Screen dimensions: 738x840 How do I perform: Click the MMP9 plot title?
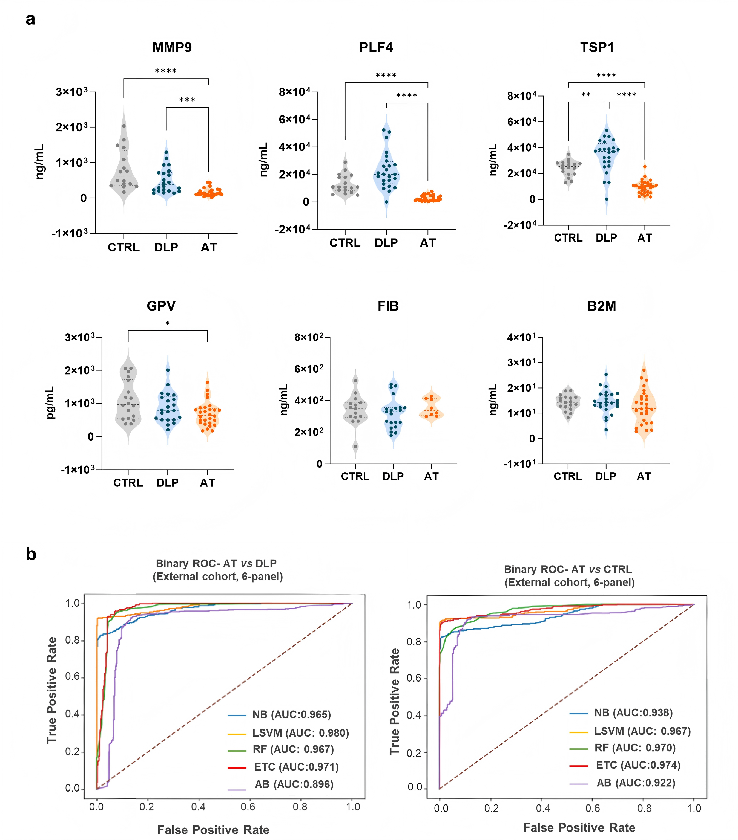(x=172, y=47)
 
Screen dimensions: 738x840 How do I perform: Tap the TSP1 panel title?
(x=597, y=47)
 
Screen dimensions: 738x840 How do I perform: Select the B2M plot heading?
(x=601, y=306)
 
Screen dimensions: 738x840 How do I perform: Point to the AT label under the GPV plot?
(x=207, y=483)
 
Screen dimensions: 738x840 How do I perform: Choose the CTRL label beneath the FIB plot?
(x=355, y=476)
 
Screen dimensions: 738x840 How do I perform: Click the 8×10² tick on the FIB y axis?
(x=309, y=337)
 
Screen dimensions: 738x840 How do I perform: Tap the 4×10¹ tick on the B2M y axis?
(x=521, y=337)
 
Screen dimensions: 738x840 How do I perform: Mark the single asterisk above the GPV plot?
(x=167, y=323)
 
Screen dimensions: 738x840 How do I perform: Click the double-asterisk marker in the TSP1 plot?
(x=586, y=95)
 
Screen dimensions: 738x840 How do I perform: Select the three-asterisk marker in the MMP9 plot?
(x=187, y=100)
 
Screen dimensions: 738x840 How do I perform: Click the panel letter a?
(x=30, y=19)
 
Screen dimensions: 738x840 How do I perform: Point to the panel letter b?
(x=31, y=554)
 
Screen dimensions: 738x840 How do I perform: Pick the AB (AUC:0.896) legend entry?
(x=281, y=784)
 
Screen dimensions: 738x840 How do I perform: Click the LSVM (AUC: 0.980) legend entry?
(x=288, y=733)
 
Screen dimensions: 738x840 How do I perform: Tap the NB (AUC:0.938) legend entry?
(x=621, y=712)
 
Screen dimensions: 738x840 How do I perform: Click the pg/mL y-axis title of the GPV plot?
(x=50, y=403)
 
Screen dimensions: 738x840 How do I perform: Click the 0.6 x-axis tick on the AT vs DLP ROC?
(x=248, y=807)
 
